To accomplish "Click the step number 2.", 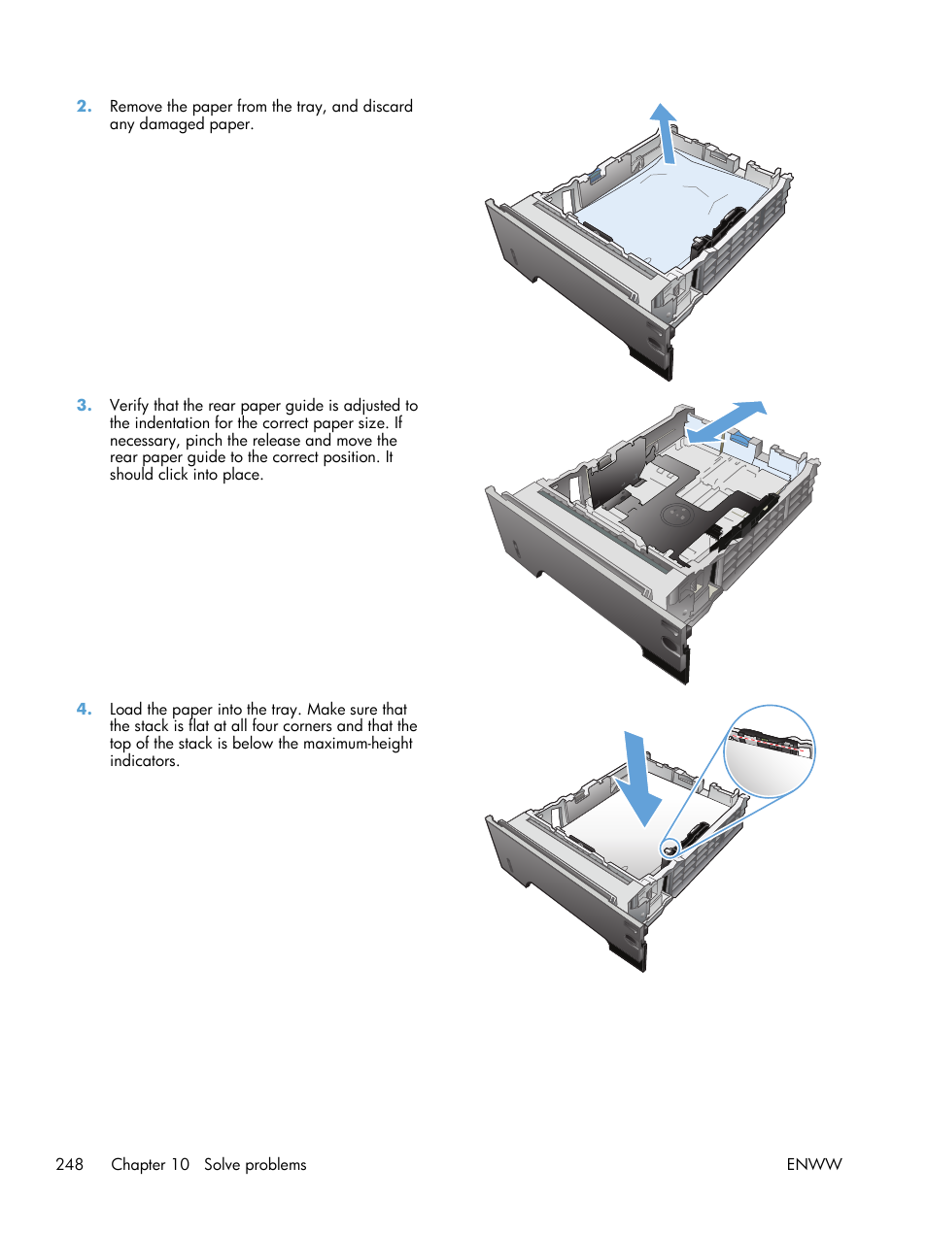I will (84, 107).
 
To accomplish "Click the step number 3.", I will (84, 406).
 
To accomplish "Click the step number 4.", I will (84, 710).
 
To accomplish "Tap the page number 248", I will (70, 1164).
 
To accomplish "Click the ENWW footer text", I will (813, 1164).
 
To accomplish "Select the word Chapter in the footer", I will (138, 1164).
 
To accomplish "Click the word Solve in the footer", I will (222, 1164).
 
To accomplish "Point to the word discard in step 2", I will (388, 107).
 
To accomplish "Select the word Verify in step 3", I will (129, 406).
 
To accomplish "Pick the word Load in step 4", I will (126, 710).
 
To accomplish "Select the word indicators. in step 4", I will (144, 761).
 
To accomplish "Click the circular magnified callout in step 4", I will (770, 752).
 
